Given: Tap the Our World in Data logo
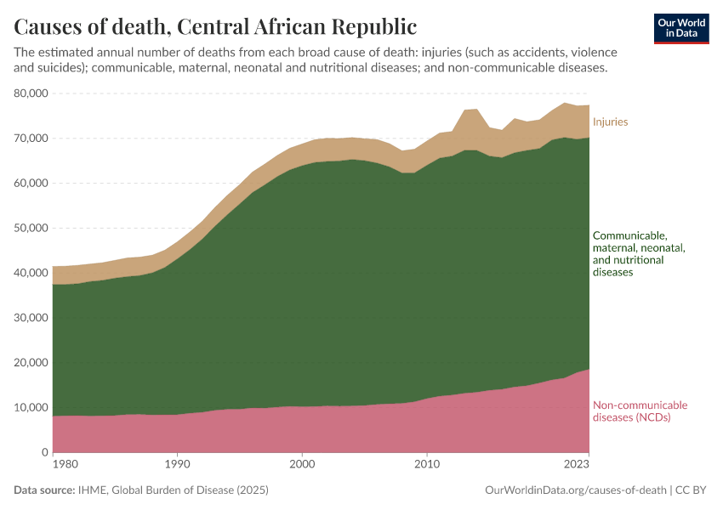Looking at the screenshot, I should [680, 28].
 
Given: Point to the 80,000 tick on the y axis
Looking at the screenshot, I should [32, 93].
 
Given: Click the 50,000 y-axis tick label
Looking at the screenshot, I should [32, 228].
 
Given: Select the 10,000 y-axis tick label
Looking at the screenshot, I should [32, 408].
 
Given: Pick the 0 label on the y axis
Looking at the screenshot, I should [43, 453].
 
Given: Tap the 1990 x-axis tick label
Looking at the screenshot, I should [177, 465].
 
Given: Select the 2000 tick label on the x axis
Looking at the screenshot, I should [302, 465].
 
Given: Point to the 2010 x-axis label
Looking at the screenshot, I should [426, 465].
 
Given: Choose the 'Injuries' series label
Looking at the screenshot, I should [610, 122].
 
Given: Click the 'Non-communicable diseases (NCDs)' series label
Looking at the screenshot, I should [640, 411].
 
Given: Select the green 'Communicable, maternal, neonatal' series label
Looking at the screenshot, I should [639, 254].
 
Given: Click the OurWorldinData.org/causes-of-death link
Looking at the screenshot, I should [574, 490].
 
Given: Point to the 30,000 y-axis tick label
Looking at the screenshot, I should [32, 318].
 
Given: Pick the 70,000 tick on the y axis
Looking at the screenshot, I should [32, 139].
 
